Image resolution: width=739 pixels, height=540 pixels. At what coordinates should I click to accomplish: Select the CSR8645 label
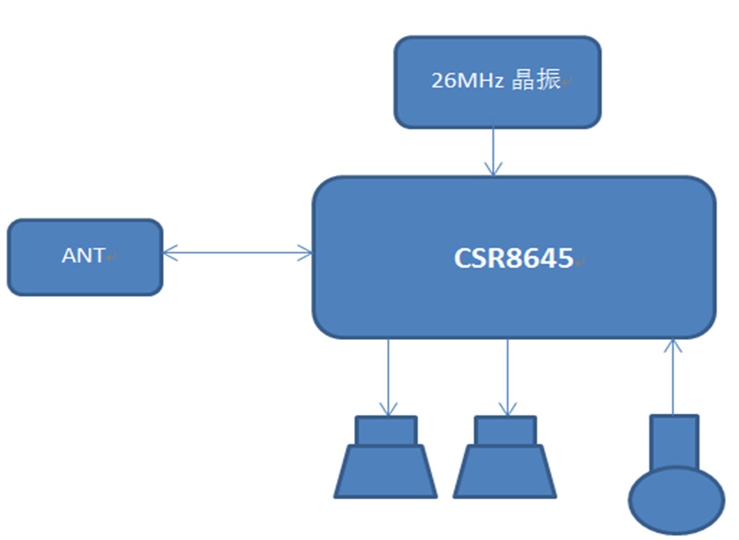(x=514, y=258)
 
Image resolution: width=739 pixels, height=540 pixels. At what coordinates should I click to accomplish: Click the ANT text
(x=83, y=256)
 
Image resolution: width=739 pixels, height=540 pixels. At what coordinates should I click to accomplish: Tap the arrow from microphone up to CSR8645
(x=673, y=378)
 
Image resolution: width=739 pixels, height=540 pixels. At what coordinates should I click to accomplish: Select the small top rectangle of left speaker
(x=386, y=431)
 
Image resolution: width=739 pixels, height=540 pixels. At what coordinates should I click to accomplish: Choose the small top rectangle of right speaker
(x=505, y=431)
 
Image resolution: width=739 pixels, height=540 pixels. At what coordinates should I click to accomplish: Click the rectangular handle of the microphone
(x=674, y=442)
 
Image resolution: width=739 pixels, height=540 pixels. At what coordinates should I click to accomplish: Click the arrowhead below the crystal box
(x=492, y=169)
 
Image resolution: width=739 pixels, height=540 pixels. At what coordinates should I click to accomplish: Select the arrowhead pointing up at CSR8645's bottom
(x=673, y=346)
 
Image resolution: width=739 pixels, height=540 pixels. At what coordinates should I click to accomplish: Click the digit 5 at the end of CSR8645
(x=565, y=258)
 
